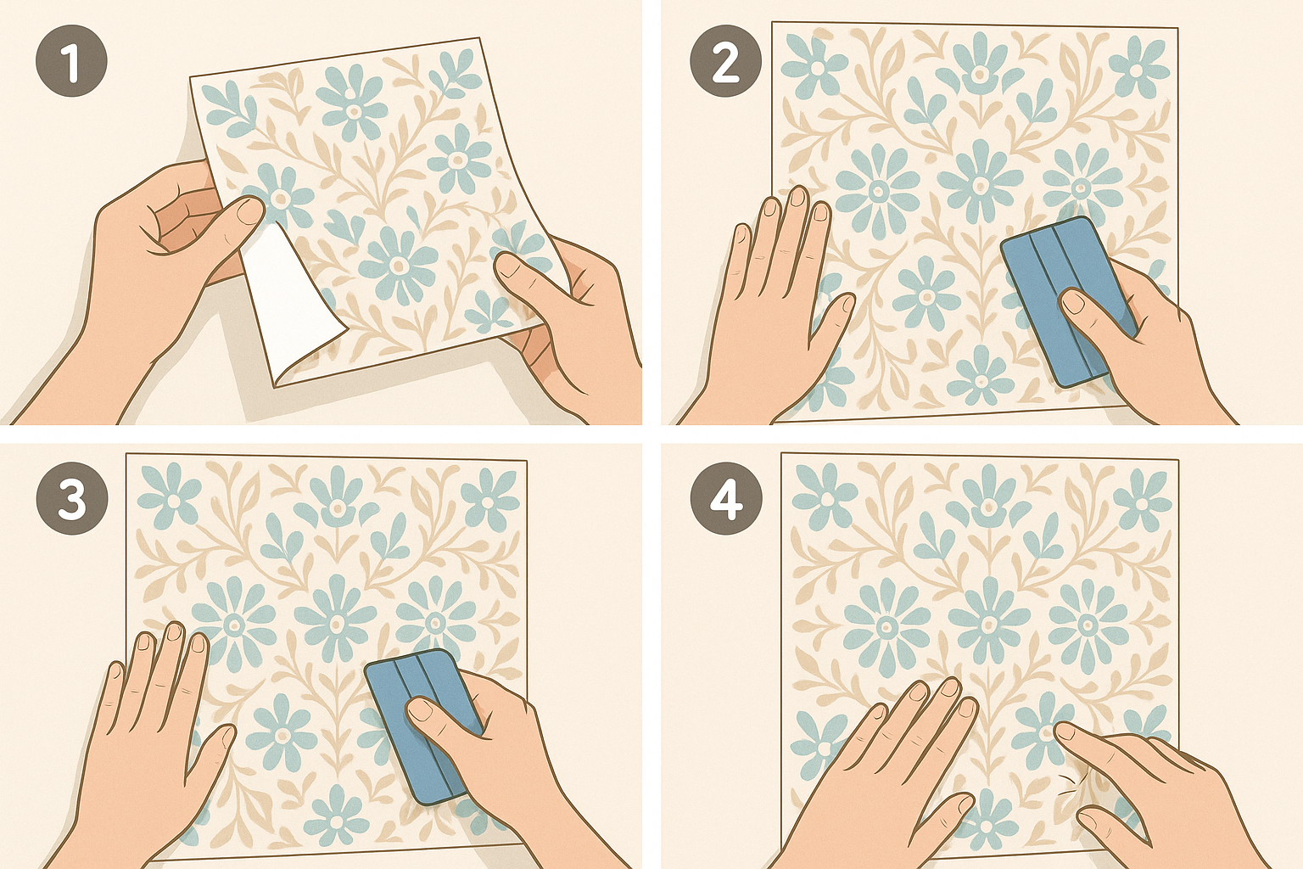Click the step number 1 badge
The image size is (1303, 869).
click(71, 60)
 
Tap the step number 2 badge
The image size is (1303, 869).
click(725, 60)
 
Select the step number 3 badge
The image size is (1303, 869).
click(72, 499)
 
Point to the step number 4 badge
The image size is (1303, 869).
click(726, 499)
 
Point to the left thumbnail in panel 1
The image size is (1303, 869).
click(251, 210)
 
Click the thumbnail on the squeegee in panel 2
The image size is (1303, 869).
click(1074, 302)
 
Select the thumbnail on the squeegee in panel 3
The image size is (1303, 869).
click(420, 710)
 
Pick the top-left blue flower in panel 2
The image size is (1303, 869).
click(814, 65)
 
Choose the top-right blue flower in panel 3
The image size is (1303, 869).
click(490, 499)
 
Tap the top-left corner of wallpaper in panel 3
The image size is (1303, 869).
click(126, 453)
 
